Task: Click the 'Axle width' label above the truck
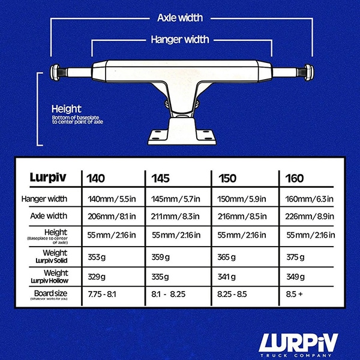(x=180, y=18)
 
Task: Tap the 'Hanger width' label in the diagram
(x=179, y=40)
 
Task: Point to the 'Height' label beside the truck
(x=66, y=109)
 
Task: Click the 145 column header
(x=160, y=178)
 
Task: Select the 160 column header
(x=295, y=178)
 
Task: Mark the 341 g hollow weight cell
(x=229, y=277)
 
